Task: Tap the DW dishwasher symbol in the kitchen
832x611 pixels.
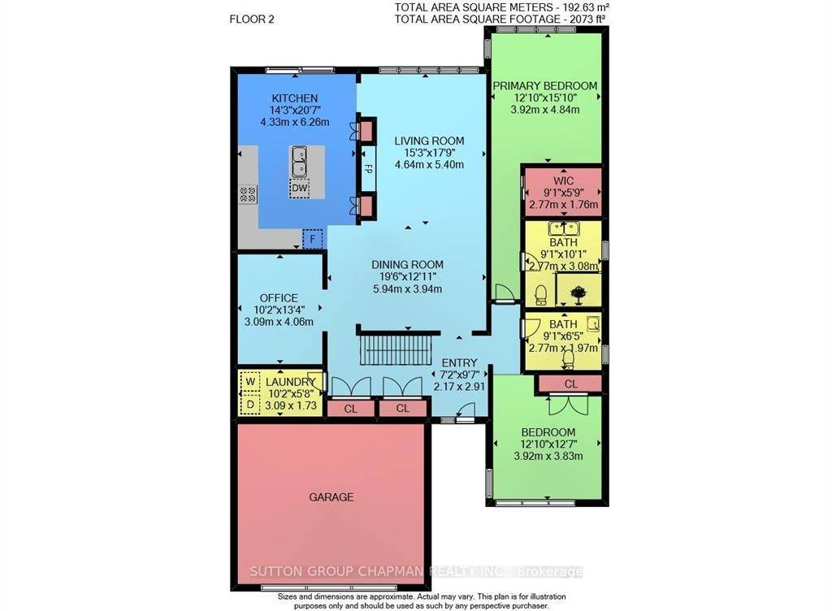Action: click(300, 188)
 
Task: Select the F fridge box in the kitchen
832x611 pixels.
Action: click(312, 239)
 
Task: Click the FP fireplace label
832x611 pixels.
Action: click(367, 171)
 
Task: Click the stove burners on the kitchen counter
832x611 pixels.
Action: click(248, 194)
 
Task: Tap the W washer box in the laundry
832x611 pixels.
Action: click(250, 380)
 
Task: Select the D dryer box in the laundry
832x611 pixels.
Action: click(250, 403)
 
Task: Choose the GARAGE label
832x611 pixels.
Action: click(331, 496)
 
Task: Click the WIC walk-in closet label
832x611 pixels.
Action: click(562, 179)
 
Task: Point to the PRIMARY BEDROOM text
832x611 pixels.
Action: click(544, 85)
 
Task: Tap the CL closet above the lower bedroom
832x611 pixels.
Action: click(570, 383)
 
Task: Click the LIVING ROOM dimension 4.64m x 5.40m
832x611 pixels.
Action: click(428, 164)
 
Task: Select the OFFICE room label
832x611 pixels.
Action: click(279, 297)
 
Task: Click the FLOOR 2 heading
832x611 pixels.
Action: click(252, 18)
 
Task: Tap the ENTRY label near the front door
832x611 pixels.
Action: click(459, 362)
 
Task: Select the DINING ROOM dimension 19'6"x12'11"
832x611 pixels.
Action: click(407, 276)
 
